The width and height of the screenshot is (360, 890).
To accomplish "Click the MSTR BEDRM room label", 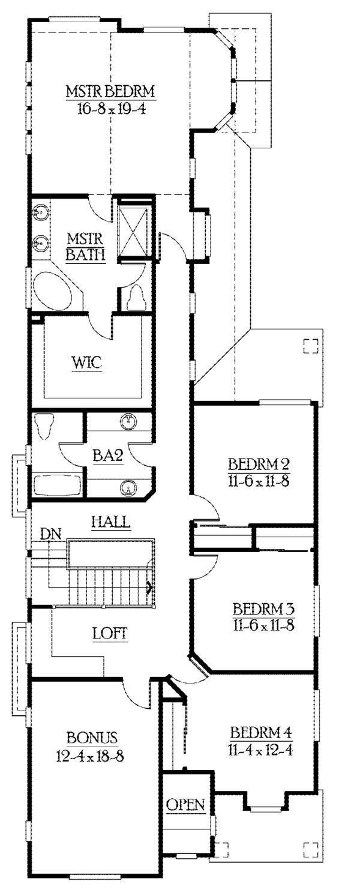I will [x=110, y=92].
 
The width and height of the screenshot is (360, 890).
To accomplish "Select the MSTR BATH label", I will [x=86, y=245].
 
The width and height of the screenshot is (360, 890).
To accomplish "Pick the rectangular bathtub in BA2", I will [x=56, y=484].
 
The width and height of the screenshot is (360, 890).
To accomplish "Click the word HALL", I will [x=110, y=521].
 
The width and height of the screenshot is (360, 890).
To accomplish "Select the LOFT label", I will [x=110, y=633].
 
